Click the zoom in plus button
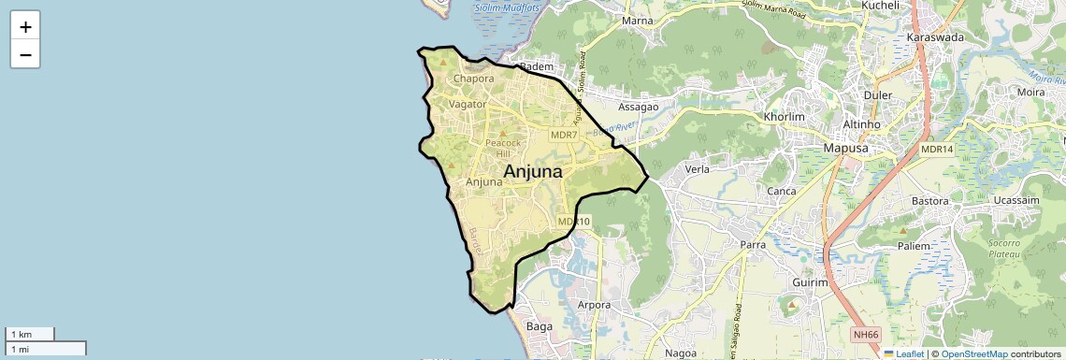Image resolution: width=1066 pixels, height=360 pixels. tap(25, 27)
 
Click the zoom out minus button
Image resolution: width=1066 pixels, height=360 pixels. tap(25, 54)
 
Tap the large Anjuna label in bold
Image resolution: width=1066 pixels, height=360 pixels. tap(533, 171)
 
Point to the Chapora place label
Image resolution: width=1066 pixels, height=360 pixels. tap(473, 79)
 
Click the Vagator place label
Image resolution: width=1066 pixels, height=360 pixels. tap(468, 105)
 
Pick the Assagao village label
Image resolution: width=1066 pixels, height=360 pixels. tap(638, 107)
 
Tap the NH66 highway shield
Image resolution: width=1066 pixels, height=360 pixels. tap(866, 335)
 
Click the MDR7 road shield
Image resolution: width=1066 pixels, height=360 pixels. tap(564, 136)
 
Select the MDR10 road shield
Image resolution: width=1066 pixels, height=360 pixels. tap(574, 222)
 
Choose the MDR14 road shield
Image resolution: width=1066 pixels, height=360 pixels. tap(936, 150)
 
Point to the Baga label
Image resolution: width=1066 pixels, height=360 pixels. tap(540, 327)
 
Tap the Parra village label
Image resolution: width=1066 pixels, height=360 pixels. tap(753, 245)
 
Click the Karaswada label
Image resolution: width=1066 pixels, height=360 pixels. tap(935, 38)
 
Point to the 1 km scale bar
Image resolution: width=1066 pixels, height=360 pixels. tap(29, 334)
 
